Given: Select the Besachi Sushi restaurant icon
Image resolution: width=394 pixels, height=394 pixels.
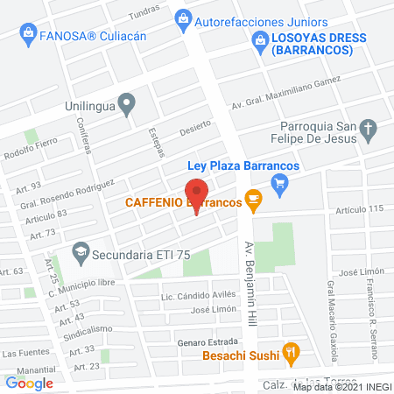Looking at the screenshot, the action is tap(292, 355).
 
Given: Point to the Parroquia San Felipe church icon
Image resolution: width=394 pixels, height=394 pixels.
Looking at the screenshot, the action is tap(369, 133).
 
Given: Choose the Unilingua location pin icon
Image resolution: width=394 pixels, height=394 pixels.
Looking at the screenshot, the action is tap(128, 106).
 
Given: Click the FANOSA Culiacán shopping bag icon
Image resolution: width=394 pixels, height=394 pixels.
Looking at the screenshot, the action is tap(26, 35).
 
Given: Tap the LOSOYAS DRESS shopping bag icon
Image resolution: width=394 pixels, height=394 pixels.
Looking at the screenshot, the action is tap(259, 39).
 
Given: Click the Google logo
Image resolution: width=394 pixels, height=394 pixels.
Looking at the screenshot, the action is tap(30, 383).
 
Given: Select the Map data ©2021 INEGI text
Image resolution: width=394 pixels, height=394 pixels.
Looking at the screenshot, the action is tap(342, 386).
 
